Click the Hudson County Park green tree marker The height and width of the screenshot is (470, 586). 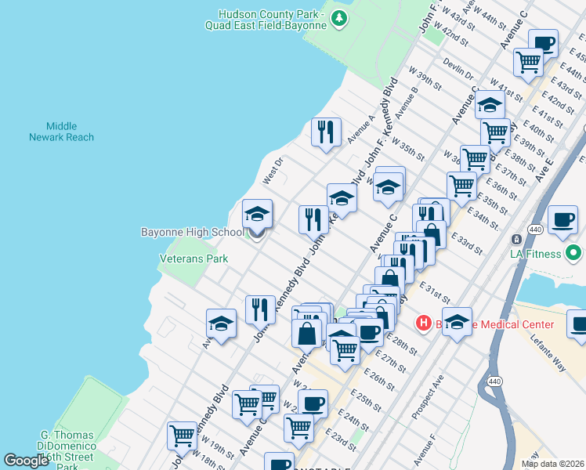pos(338,17)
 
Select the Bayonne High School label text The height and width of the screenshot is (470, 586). pos(192,233)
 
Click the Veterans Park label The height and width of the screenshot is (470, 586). pos(194,258)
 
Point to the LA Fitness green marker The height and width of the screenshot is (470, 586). pos(573,253)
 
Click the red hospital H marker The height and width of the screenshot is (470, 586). pos(423,323)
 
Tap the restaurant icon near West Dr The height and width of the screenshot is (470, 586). pos(326,132)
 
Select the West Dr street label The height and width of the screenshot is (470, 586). pos(272,174)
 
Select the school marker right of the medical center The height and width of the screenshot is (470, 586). pos(458,320)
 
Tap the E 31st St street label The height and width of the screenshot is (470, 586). pos(435,295)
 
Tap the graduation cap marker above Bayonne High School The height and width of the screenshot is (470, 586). pos(257,213)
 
